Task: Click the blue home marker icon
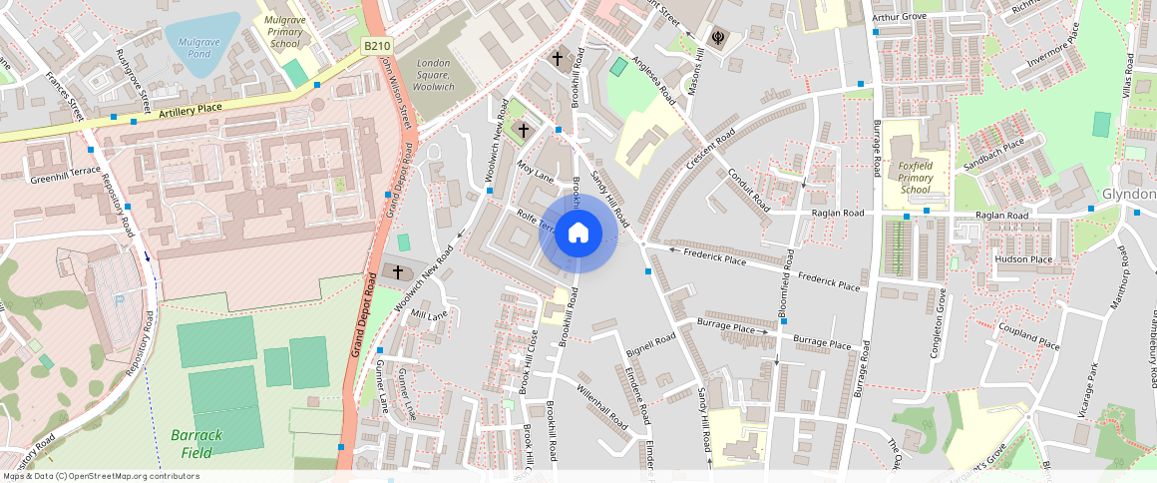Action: [x=578, y=234]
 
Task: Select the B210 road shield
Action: [x=376, y=47]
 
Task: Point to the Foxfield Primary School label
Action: [x=915, y=177]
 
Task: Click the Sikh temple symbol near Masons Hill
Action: [x=716, y=39]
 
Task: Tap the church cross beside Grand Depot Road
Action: [x=397, y=271]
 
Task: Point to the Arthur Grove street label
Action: [x=899, y=17]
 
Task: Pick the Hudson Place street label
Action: [x=1022, y=259]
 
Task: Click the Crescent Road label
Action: [x=711, y=149]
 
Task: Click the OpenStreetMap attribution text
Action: [x=100, y=476]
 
